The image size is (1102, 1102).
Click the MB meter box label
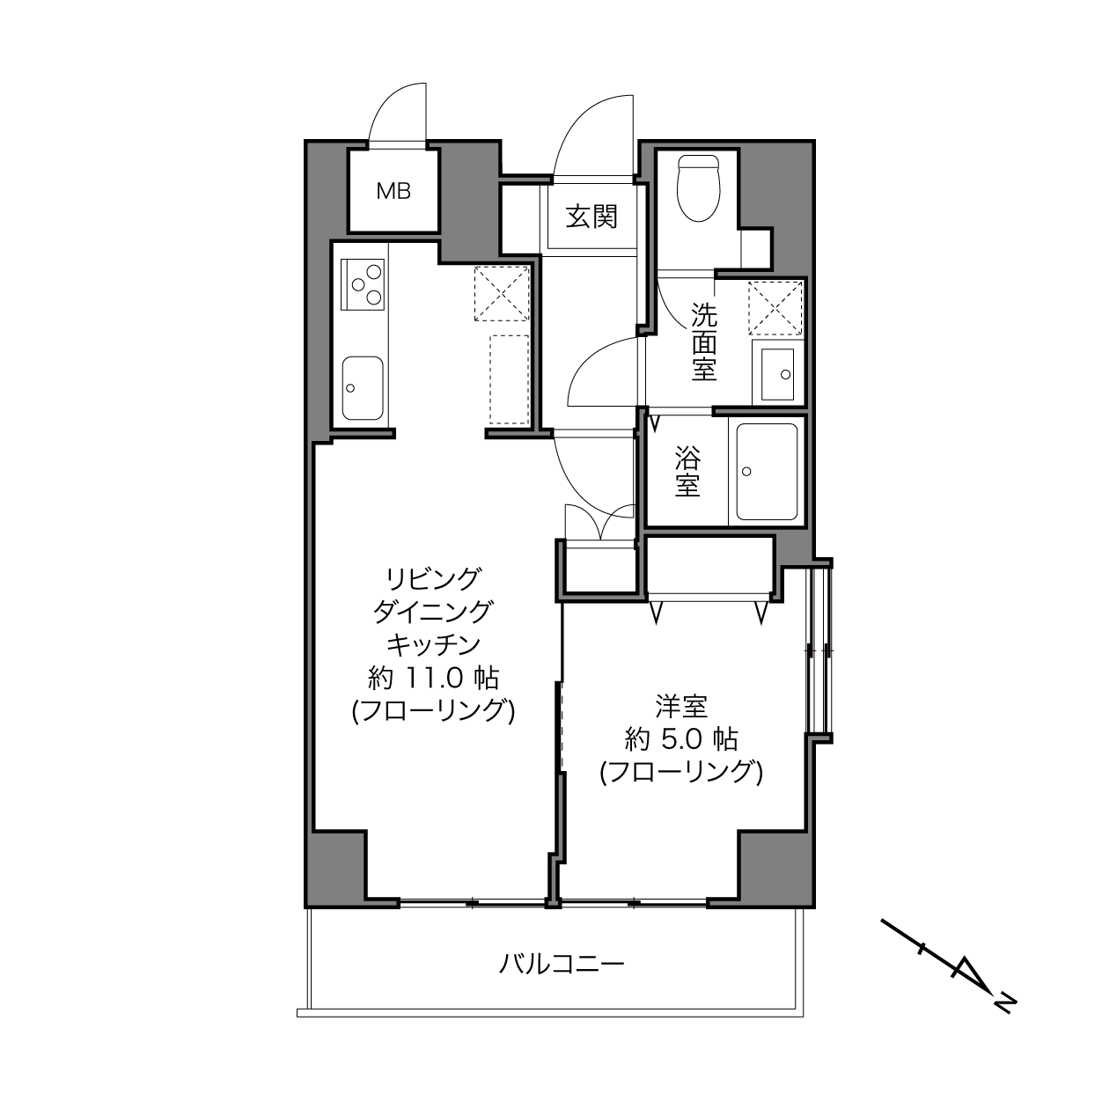(393, 191)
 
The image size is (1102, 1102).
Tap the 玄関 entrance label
(591, 217)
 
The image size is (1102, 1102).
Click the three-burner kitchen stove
(362, 284)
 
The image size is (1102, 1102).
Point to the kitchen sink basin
(363, 388)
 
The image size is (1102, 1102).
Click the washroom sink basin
(778, 375)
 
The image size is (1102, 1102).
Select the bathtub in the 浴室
(767, 471)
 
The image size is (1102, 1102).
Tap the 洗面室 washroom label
(704, 342)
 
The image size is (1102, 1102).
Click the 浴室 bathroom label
(687, 471)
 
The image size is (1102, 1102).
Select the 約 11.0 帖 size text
(433, 679)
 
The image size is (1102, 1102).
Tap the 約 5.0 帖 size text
(681, 740)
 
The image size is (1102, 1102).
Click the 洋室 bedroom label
(681, 707)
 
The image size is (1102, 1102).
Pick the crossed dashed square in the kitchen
(502, 293)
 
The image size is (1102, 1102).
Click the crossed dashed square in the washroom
(775, 308)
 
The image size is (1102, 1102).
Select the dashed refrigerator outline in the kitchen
(509, 379)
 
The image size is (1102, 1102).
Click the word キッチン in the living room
(433, 645)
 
